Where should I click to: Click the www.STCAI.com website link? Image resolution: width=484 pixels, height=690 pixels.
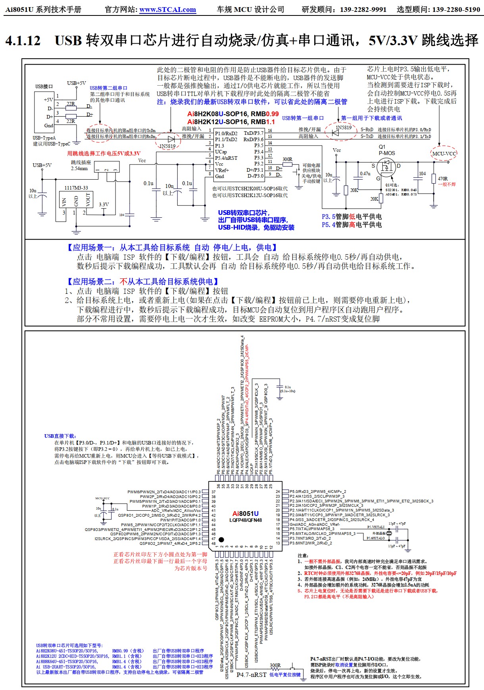[x=167, y=10]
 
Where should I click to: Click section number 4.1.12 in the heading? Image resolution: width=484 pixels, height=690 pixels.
[x=23, y=40]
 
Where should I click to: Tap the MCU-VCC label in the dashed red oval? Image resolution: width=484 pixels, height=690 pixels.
[x=444, y=153]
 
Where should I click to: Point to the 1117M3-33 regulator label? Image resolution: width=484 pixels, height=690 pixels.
[x=76, y=188]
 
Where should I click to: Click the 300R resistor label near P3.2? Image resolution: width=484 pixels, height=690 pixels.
[x=287, y=159]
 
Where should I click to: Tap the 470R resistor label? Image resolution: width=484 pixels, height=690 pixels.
[x=443, y=179]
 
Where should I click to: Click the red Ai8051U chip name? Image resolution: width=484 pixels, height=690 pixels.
[x=245, y=514]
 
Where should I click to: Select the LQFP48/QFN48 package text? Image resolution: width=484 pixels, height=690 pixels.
[x=245, y=520]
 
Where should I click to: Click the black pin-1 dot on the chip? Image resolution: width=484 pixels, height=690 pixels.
[x=221, y=539]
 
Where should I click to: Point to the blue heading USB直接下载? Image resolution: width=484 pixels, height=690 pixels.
[x=60, y=436]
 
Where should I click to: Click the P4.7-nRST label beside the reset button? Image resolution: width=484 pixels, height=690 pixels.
[x=251, y=675]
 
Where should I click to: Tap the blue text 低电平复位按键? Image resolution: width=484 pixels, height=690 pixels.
[x=285, y=675]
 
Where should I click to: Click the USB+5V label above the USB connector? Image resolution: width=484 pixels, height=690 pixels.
[x=76, y=83]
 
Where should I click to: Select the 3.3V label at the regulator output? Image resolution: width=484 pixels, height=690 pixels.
[x=104, y=205]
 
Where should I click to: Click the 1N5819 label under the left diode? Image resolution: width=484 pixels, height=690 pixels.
[x=167, y=146]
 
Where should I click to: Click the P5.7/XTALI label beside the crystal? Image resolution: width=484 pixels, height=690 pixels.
[x=376, y=527]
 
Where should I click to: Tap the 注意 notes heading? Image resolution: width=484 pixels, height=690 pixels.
[x=303, y=556]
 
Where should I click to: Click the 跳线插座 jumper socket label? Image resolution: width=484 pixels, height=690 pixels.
[x=81, y=163]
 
